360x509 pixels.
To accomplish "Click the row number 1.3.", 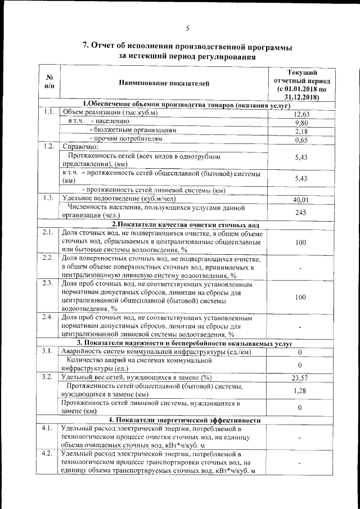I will tap(48, 197).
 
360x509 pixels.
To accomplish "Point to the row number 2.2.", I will tap(48, 258).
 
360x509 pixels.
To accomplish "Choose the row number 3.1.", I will tap(48, 351).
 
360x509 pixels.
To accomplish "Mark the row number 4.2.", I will tap(48, 453).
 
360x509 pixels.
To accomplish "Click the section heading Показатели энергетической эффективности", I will tap(185, 420).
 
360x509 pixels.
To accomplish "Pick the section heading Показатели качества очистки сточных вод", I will tap(185, 225).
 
